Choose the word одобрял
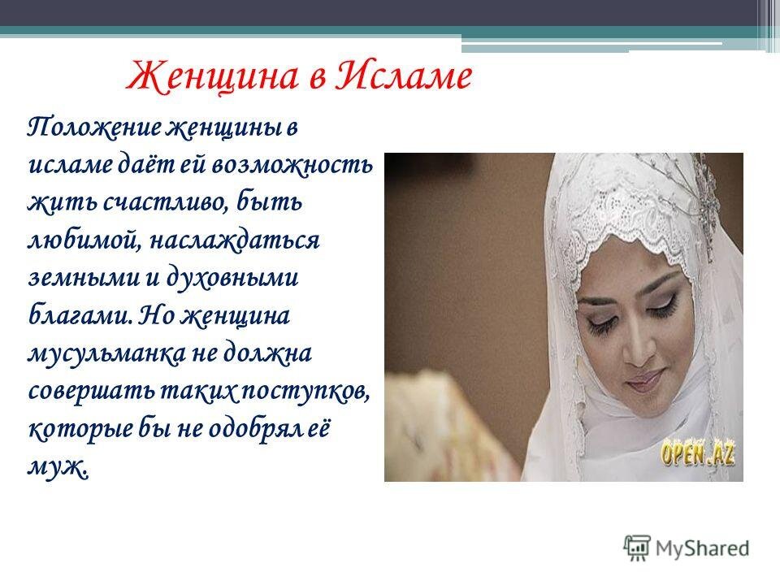click(x=238, y=428)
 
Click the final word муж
click(x=58, y=466)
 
